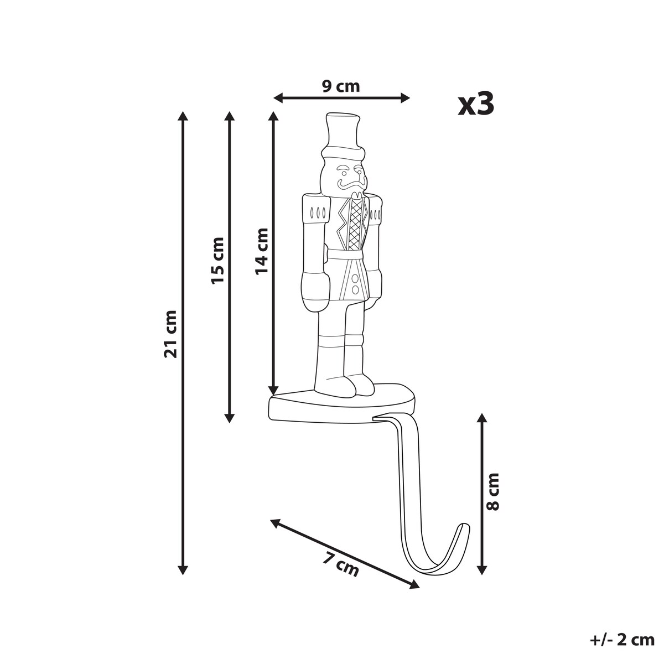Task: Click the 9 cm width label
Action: [x=341, y=86]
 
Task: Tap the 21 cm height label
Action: [x=170, y=334]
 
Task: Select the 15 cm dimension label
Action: [x=217, y=261]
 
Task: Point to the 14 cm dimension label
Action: [x=262, y=251]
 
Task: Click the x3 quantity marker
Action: [x=476, y=104]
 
